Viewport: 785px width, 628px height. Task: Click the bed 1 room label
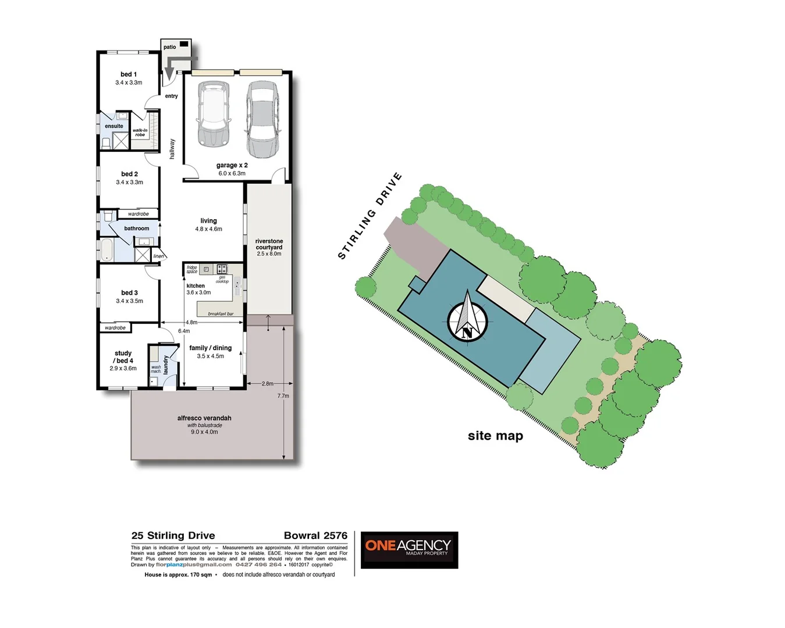pyautogui.click(x=128, y=74)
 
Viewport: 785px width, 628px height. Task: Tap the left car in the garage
pyautogui.click(x=212, y=113)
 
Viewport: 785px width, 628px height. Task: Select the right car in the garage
pyautogui.click(x=262, y=119)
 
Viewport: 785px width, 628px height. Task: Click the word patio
pyautogui.click(x=169, y=47)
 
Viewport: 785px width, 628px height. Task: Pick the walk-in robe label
pyautogui.click(x=140, y=133)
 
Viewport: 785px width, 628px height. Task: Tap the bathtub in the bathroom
pyautogui.click(x=107, y=250)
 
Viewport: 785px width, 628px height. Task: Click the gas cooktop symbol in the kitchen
pyautogui.click(x=222, y=269)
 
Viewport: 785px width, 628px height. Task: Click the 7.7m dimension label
pyautogui.click(x=283, y=396)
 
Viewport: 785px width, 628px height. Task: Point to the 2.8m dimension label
pyautogui.click(x=267, y=384)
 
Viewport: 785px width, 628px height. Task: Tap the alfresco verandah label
pyautogui.click(x=204, y=418)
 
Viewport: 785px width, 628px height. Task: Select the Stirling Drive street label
pyautogui.click(x=370, y=216)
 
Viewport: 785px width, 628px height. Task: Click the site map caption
pyautogui.click(x=495, y=436)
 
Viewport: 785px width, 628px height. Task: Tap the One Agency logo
pyautogui.click(x=409, y=549)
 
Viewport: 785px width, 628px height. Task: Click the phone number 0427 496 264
pyautogui.click(x=258, y=565)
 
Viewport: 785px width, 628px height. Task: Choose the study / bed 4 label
pyautogui.click(x=123, y=357)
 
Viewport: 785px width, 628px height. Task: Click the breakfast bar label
pyautogui.click(x=221, y=314)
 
